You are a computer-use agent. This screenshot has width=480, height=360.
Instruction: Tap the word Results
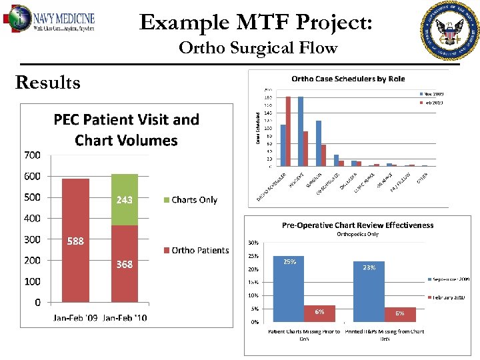pyautogui.click(x=47, y=83)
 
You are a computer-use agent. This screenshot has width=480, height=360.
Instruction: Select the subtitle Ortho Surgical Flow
pyautogui.click(x=258, y=48)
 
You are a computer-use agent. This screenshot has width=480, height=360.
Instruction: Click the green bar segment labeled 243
pyautogui.click(x=125, y=199)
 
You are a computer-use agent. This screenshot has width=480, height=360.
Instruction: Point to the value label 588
pyautogui.click(x=75, y=241)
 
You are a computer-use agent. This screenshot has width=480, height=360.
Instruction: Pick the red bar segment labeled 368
pyautogui.click(x=125, y=264)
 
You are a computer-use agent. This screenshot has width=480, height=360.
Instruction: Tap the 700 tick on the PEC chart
pyautogui.click(x=33, y=155)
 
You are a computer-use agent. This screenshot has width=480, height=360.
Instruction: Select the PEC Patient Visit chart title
pyautogui.click(x=126, y=130)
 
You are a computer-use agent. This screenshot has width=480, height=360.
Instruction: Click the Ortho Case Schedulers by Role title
pyautogui.click(x=348, y=79)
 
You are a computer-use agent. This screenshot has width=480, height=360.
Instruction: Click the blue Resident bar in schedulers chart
pyautogui.click(x=301, y=131)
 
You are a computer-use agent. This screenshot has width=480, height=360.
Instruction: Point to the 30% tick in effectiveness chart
pyautogui.click(x=254, y=243)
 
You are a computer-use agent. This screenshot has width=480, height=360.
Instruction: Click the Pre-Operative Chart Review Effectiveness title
pyautogui.click(x=357, y=225)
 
